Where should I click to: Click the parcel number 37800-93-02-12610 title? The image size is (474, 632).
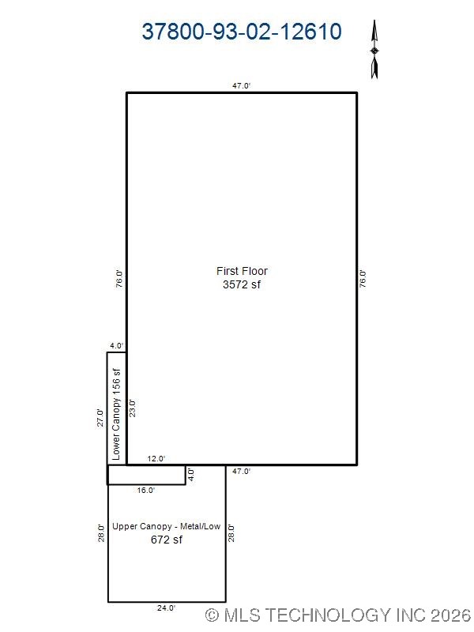click(242, 32)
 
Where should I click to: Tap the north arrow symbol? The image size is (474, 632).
click(375, 50)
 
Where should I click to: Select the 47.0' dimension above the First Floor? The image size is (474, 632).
click(242, 85)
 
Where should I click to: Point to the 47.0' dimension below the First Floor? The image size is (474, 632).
click(242, 472)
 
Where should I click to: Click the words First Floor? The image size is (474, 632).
click(242, 271)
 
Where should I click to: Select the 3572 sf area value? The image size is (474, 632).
click(242, 284)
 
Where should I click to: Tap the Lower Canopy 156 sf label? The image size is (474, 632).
click(116, 415)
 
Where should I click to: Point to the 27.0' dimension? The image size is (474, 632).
click(100, 417)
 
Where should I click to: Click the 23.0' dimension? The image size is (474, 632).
click(134, 407)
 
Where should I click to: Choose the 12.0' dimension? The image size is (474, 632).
click(156, 459)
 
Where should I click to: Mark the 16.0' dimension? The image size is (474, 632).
click(146, 491)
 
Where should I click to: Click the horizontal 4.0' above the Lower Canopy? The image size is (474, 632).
click(117, 345)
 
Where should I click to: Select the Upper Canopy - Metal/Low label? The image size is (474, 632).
click(167, 526)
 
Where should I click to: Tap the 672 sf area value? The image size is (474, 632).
click(167, 540)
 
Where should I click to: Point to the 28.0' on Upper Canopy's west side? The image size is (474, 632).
click(101, 533)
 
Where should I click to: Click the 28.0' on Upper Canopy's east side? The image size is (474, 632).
click(232, 533)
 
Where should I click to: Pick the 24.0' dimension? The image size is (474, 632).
click(167, 608)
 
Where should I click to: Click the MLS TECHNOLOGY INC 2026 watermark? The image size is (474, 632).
click(337, 615)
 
